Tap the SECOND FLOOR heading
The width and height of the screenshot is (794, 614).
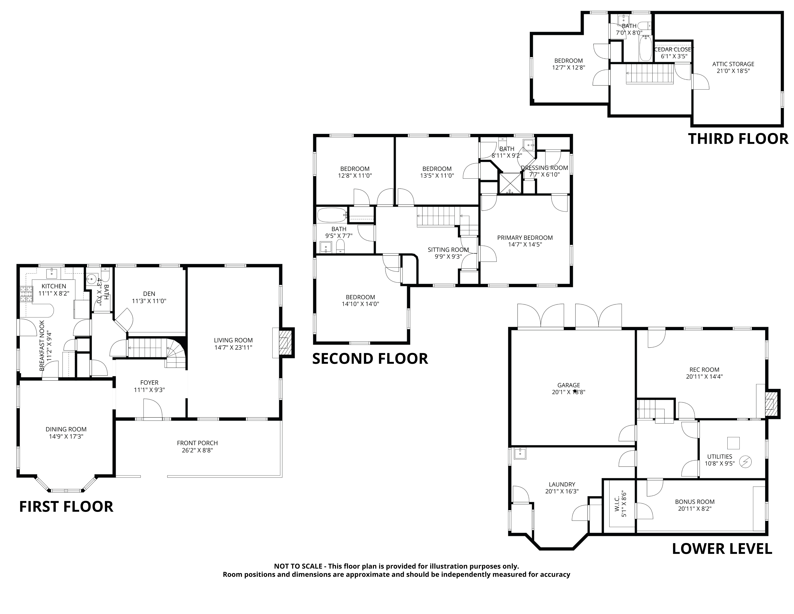370,359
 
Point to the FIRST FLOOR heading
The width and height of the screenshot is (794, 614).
66,507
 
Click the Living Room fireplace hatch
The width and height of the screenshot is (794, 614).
286,343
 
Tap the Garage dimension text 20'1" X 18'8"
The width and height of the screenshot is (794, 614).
569,392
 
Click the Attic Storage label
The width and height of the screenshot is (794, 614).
733,64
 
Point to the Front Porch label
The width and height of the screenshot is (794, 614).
197,443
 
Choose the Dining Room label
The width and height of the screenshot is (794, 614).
66,429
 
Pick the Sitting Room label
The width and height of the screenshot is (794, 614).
448,249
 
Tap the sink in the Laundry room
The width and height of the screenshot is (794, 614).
520,454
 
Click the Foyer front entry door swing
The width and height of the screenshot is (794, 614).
153,409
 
